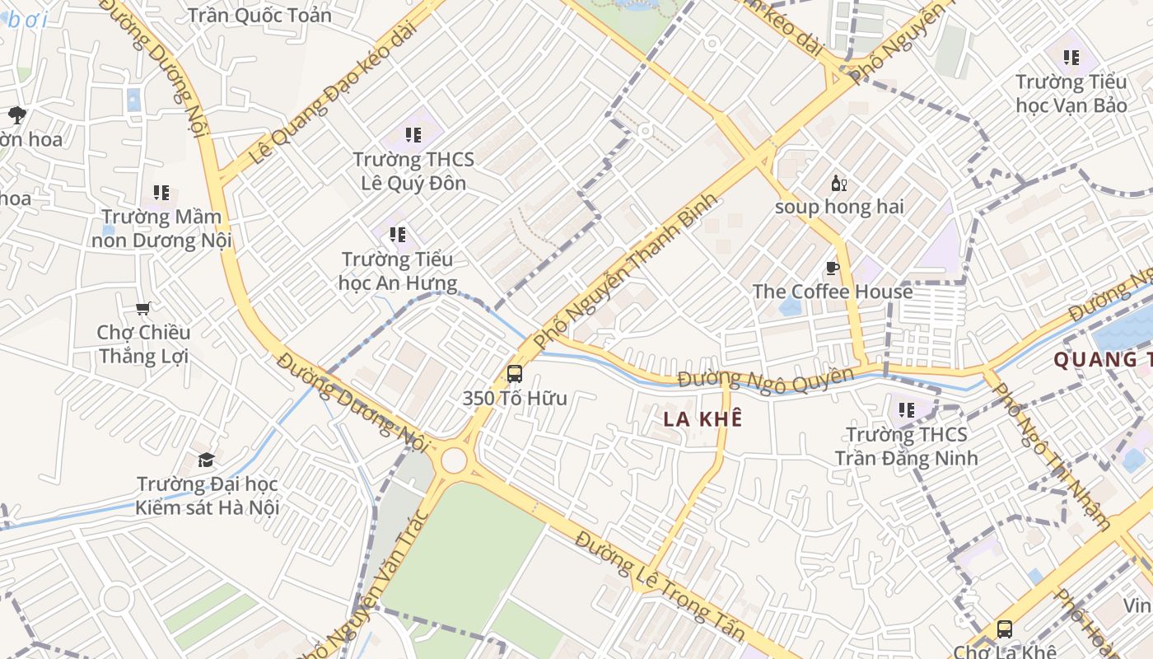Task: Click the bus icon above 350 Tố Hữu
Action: (515, 373)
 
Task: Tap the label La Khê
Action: (703, 418)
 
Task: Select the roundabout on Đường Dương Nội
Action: (454, 461)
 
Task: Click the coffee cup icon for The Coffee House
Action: (833, 268)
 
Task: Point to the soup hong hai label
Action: (839, 207)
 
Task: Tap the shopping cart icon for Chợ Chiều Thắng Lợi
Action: (143, 309)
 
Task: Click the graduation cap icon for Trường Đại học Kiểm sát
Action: (206, 460)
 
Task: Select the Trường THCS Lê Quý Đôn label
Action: (413, 171)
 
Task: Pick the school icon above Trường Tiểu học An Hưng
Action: (399, 235)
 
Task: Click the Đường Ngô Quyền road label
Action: (765, 378)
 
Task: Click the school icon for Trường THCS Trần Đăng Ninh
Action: (907, 409)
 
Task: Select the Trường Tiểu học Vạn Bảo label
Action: (1071, 93)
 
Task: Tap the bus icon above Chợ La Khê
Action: (1005, 629)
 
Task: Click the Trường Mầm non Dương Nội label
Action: (161, 229)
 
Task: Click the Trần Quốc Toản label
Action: (259, 15)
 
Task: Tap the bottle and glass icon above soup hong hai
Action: (838, 184)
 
